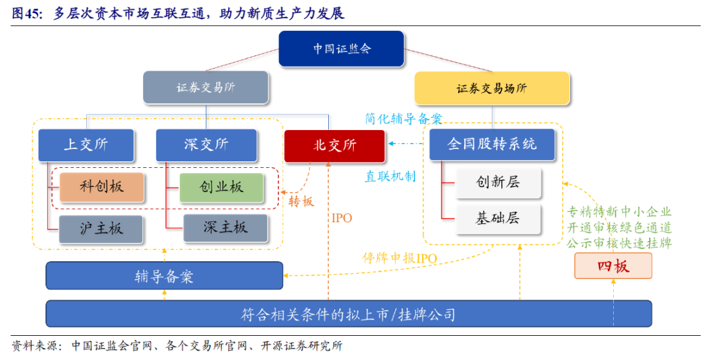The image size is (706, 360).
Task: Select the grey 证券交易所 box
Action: (206, 88)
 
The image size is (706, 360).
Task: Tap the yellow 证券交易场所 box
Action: (492, 88)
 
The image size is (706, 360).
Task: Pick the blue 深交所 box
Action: (206, 144)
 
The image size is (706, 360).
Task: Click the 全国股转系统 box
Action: (492, 144)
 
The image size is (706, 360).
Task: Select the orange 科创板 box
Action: (101, 187)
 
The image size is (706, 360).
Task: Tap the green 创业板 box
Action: (222, 187)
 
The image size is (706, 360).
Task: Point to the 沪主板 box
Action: (101, 228)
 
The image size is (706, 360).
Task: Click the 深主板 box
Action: (226, 227)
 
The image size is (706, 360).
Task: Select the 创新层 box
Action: (498, 182)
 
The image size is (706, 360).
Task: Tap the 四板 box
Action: (613, 266)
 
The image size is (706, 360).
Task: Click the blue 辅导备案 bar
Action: (164, 276)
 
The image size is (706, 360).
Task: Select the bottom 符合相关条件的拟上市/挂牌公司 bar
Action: (348, 314)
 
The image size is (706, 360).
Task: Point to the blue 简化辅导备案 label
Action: (403, 119)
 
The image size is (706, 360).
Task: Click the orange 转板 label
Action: (302, 201)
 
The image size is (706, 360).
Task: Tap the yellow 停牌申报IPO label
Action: (399, 257)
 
